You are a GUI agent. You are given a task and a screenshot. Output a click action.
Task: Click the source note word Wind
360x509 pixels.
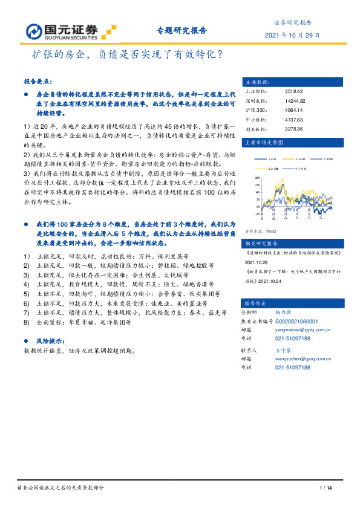point(271,231)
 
